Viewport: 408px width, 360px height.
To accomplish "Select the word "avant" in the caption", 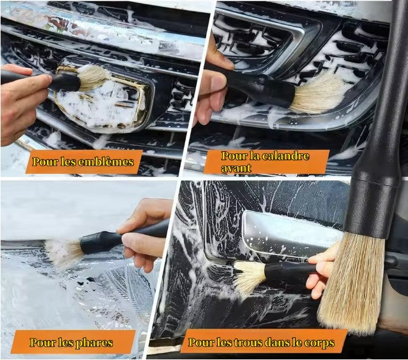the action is [236, 168].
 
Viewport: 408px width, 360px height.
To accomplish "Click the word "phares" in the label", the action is [94, 343].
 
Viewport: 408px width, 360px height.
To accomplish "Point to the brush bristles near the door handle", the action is [249, 278].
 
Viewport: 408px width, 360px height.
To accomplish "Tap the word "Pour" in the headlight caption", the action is [43, 343].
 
